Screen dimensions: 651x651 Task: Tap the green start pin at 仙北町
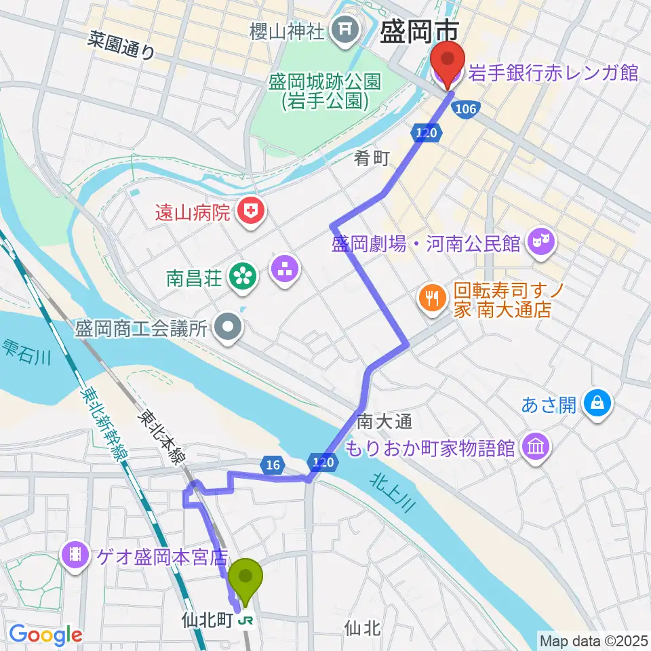[245, 580]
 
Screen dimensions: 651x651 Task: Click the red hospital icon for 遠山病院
[251, 212]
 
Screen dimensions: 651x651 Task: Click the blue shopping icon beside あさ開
[597, 405]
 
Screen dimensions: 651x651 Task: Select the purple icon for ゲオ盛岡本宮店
[75, 557]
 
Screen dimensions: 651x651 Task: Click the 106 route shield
[466, 109]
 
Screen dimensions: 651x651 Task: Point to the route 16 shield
[273, 465]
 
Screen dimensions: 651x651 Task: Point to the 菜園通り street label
[121, 45]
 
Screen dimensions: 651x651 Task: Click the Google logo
[45, 635]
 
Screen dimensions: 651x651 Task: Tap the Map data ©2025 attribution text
[593, 639]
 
